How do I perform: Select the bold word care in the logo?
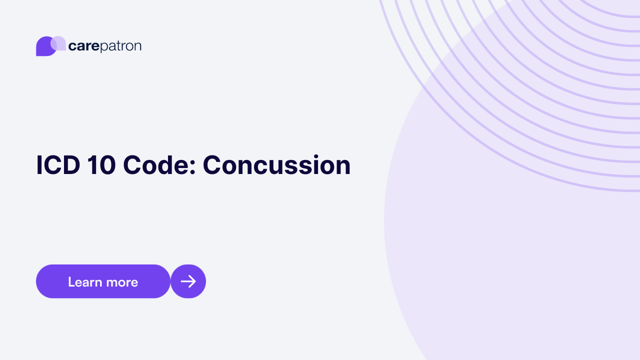tap(83, 46)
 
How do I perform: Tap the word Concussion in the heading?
tap(276, 165)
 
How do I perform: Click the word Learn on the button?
tap(85, 282)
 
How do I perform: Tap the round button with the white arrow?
tap(188, 281)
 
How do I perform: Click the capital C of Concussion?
tap(212, 165)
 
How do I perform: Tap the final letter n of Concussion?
tap(342, 168)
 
